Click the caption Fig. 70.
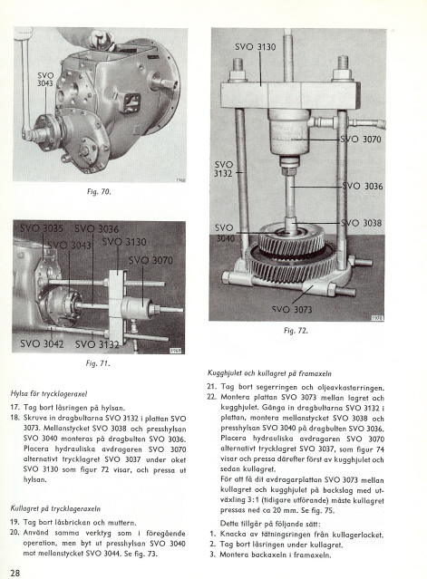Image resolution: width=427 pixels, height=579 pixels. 99,192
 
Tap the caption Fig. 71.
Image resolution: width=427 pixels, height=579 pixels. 98,363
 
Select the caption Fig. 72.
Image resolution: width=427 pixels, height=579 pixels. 296,331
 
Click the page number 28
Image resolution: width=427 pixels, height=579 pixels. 15,573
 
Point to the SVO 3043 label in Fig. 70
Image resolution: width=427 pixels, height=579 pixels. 45,80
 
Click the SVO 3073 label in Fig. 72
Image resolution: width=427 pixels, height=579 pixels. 292,310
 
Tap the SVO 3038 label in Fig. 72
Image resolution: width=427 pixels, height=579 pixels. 361,223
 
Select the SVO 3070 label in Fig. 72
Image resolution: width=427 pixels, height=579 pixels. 361,140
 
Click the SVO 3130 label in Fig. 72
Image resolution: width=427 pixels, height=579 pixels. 256,47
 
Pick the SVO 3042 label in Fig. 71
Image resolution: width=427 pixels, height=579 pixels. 42,344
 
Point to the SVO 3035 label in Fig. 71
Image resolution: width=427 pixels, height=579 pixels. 42,228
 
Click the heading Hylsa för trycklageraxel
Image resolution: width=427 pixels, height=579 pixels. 49,394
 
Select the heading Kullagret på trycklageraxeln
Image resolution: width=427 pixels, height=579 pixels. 55,509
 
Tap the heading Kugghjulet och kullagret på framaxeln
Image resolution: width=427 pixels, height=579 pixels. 269,373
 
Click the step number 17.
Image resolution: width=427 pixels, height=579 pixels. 15,408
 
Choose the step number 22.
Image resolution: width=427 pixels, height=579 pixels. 211,398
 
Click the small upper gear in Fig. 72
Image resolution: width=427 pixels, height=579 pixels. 291,239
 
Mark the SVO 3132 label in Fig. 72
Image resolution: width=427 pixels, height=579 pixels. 224,169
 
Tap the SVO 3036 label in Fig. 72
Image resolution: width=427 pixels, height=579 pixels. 363,186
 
